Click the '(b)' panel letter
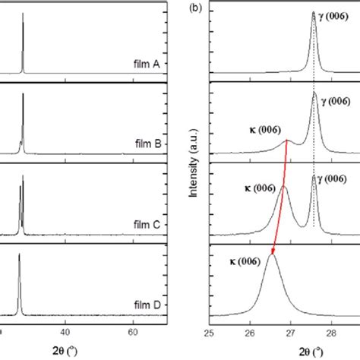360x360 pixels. pos(195,10)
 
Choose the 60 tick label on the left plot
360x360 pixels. pos(134,332)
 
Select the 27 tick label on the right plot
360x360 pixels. pos(291,332)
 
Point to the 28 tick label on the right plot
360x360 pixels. pos(331,332)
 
